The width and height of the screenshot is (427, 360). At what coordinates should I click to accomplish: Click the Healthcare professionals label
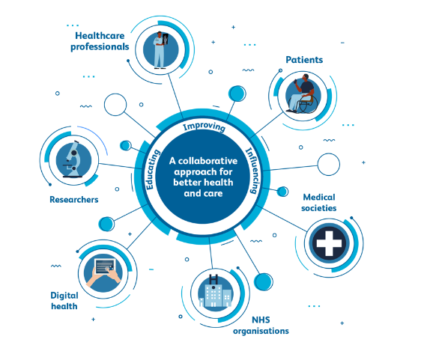click(x=100, y=41)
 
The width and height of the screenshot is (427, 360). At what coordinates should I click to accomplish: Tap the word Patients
click(x=304, y=60)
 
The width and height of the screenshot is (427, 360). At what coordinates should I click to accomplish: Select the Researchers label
click(x=74, y=200)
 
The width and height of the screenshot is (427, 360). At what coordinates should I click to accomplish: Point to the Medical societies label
click(x=319, y=203)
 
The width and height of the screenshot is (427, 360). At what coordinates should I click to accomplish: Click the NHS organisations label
click(x=261, y=326)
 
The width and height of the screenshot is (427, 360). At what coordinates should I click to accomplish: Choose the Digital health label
click(x=64, y=301)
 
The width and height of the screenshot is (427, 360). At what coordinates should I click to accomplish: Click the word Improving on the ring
click(x=204, y=126)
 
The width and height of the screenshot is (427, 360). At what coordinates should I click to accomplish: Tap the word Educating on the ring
click(x=152, y=169)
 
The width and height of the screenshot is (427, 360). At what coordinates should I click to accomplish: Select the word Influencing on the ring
click(x=253, y=171)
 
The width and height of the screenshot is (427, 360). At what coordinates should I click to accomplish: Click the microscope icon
click(x=73, y=159)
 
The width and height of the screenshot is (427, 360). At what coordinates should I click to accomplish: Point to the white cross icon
click(x=329, y=243)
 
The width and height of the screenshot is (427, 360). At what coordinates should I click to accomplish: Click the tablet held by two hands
click(x=105, y=266)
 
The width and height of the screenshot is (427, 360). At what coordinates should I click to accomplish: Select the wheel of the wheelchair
click(x=309, y=105)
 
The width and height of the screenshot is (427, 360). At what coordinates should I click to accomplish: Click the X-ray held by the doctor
click(x=166, y=39)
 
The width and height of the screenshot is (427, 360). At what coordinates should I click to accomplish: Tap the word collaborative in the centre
click(x=208, y=161)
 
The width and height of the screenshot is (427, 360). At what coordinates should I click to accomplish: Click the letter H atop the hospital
click(x=213, y=280)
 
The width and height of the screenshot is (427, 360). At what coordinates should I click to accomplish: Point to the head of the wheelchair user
click(x=306, y=77)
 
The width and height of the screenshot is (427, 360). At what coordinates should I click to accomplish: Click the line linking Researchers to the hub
click(x=117, y=166)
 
